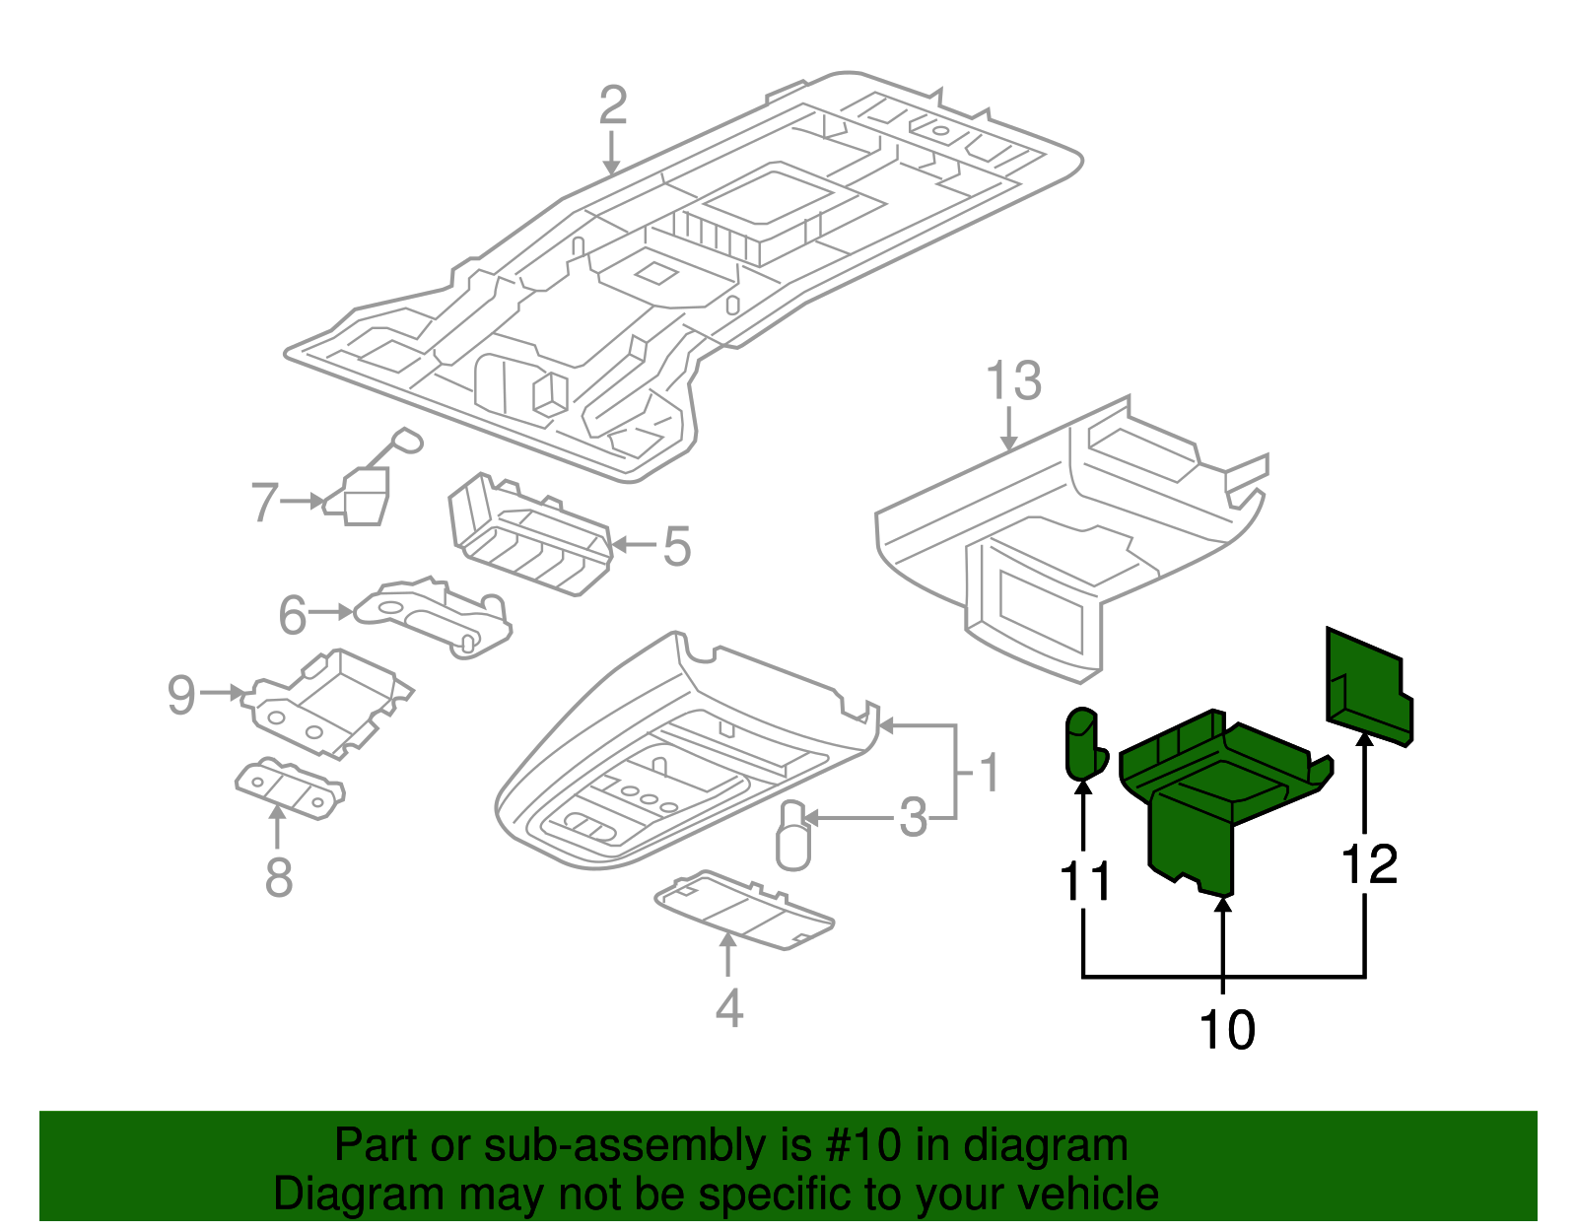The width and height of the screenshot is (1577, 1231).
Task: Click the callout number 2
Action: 612,105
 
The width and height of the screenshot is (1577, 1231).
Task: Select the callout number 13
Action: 1013,380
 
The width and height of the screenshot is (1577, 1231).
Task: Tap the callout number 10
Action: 1226,1030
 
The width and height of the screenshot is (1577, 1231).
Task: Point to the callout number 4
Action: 728,1008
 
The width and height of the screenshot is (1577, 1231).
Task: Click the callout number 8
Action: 279,876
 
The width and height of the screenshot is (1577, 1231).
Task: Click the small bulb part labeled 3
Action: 792,837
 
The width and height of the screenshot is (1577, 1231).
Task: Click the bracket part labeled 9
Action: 330,701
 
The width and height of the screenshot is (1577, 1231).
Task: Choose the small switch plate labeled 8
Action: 290,788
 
